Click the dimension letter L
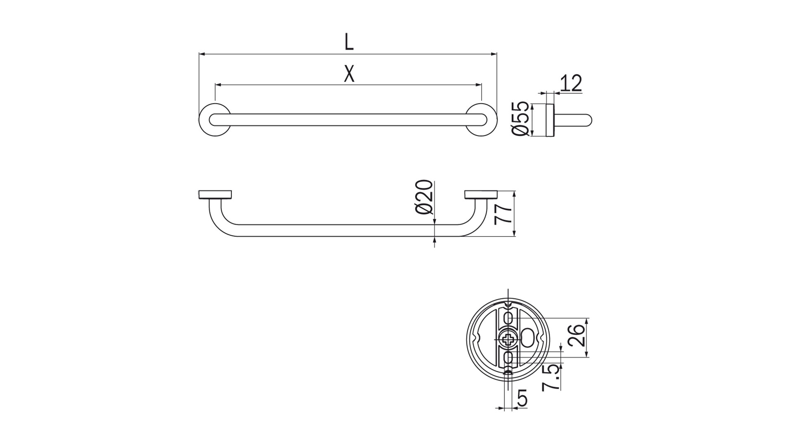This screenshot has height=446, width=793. point(349,42)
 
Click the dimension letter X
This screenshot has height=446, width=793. point(349,74)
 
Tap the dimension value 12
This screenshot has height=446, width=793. point(571,83)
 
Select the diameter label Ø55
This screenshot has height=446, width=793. point(520,119)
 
